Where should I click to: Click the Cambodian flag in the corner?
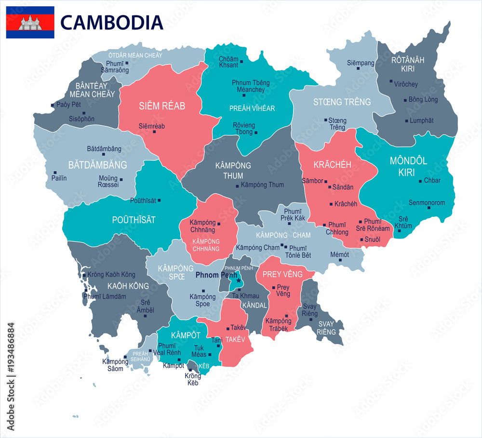(x=30, y=22)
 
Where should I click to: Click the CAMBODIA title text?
(x=112, y=22)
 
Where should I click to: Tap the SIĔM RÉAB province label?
(x=162, y=106)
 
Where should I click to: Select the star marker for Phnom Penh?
(x=238, y=280)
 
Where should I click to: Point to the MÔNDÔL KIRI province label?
(x=408, y=166)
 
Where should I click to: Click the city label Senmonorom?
(x=427, y=202)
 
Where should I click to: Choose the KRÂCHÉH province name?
(x=332, y=165)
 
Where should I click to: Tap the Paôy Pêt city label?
(x=68, y=105)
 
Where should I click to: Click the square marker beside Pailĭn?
(x=55, y=173)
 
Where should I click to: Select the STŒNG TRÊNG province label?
(x=342, y=102)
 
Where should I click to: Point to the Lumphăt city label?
(x=422, y=120)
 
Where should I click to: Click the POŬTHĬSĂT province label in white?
(x=134, y=220)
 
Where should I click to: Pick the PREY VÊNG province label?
(x=282, y=274)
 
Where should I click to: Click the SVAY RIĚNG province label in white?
(x=326, y=328)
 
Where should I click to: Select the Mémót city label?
(x=339, y=254)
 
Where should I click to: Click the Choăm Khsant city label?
(x=228, y=62)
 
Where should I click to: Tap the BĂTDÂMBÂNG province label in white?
(x=97, y=165)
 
